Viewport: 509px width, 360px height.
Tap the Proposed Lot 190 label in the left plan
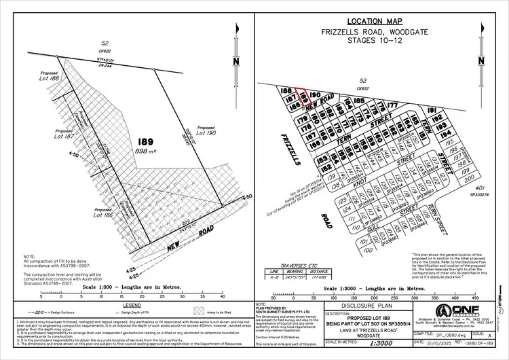[206, 130]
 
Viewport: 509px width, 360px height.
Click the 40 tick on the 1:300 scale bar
[223, 296]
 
